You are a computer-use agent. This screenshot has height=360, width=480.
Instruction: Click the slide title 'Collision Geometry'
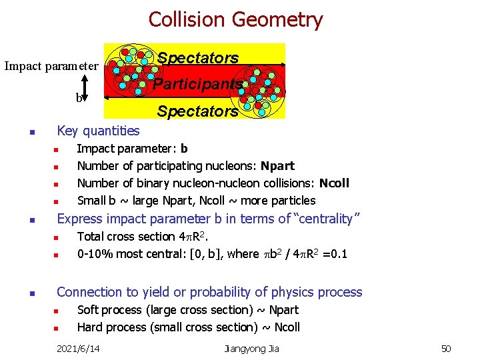point(235,19)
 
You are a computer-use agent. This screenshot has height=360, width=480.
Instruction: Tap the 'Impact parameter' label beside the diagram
point(51,66)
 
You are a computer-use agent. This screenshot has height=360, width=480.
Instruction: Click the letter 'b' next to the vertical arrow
point(79,97)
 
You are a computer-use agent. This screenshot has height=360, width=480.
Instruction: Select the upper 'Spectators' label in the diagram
point(198,58)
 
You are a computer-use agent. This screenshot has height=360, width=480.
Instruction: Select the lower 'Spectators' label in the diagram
point(197,111)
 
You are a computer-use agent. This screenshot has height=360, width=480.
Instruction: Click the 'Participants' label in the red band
point(197,84)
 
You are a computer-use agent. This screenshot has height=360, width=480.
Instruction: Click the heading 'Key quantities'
point(98,131)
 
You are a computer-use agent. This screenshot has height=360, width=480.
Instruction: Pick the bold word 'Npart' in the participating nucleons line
point(277,165)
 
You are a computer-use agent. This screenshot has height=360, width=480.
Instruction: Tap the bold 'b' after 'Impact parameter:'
point(184,148)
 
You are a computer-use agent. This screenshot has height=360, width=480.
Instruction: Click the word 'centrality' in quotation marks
point(327,218)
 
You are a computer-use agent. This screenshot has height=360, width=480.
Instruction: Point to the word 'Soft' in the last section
point(89,309)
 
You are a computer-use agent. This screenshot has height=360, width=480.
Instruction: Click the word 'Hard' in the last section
point(90,327)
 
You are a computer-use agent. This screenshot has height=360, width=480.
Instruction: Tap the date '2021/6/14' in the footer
point(78,348)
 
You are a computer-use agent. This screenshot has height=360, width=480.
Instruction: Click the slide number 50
point(446,348)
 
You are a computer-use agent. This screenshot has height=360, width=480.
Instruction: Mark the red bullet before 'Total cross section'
point(57,237)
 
